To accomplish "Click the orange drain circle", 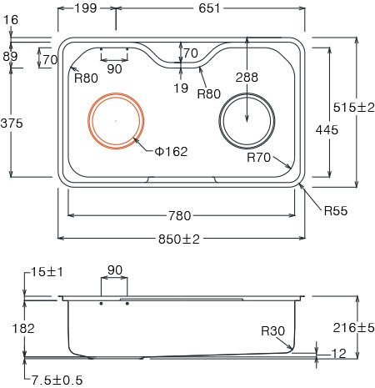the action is (x=116, y=94).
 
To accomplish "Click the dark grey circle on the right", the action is (x=247, y=94).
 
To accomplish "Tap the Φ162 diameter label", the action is (x=171, y=152).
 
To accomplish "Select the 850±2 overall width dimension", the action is (x=179, y=239).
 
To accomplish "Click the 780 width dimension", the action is (x=180, y=216).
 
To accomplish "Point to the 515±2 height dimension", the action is (x=353, y=108).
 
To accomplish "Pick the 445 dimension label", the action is (x=327, y=130).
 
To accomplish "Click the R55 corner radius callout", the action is (x=336, y=211).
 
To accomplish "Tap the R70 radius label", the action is (x=258, y=158).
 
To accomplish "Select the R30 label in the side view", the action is (x=273, y=331).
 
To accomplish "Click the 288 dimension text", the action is (x=247, y=78).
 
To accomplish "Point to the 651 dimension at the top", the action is (x=209, y=8).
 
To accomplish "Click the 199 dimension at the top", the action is (x=86, y=8).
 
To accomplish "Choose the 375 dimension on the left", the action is (x=12, y=123).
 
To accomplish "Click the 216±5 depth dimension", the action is (x=353, y=328).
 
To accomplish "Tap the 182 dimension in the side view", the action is (x=23, y=329).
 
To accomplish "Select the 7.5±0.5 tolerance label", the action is (x=57, y=380).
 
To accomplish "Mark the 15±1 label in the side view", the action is (x=47, y=272).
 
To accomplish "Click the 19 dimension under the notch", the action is (x=181, y=88).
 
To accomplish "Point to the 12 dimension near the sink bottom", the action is (x=339, y=354).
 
